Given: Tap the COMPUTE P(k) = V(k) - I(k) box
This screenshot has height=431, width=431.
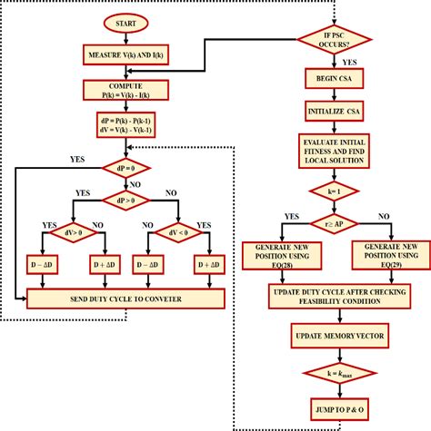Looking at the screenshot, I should (123, 89).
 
